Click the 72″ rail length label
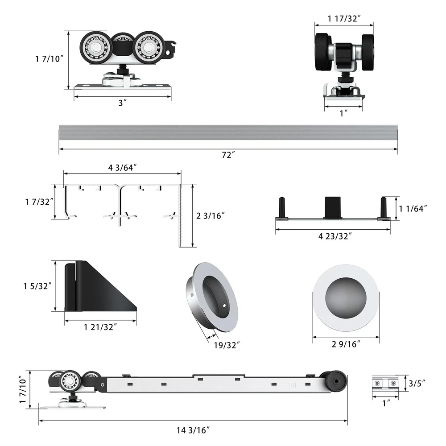click(x=228, y=155)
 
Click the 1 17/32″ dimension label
click(x=344, y=18)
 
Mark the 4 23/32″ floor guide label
click(x=333, y=236)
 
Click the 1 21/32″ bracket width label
click(x=100, y=327)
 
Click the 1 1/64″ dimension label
click(x=413, y=208)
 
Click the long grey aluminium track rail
click(x=228, y=132)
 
